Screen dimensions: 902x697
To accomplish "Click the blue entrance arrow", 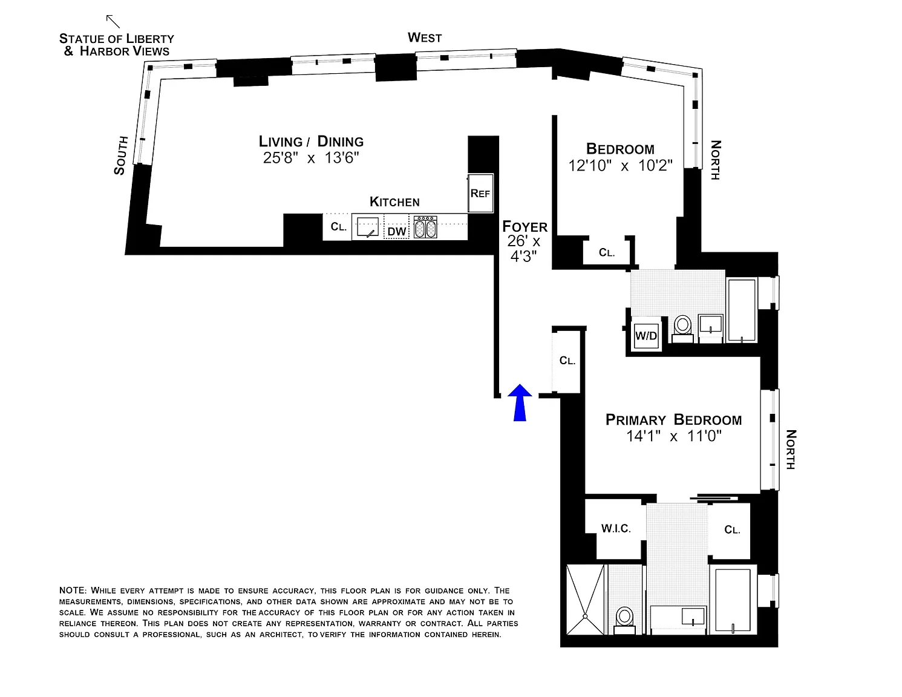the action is click(x=520, y=402).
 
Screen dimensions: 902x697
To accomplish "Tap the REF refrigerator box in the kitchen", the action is click(x=480, y=194).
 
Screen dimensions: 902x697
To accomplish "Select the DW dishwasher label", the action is click(x=397, y=232).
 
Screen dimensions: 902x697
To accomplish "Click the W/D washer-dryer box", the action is click(x=646, y=336).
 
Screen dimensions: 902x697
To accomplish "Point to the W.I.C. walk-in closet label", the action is click(x=616, y=529).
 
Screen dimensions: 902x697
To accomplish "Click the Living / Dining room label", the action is click(x=311, y=142).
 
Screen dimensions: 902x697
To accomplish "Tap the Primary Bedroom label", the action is click(x=673, y=420).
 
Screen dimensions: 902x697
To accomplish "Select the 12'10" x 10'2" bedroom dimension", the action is click(x=620, y=165).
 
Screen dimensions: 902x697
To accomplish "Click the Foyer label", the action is click(x=525, y=227).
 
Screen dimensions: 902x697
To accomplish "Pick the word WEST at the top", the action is click(x=425, y=38).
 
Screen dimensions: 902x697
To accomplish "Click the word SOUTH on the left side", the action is click(x=121, y=155).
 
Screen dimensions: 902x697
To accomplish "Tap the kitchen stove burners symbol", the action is click(x=425, y=228).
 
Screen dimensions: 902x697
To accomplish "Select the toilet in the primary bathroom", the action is click(x=624, y=618).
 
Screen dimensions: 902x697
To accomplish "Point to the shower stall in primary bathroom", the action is click(x=585, y=599).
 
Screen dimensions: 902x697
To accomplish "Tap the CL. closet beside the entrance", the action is click(x=567, y=361).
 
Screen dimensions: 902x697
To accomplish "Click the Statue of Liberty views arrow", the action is click(x=113, y=21).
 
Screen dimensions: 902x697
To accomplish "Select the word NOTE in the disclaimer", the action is click(x=73, y=591).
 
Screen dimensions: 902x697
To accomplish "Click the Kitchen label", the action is click(x=394, y=202).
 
